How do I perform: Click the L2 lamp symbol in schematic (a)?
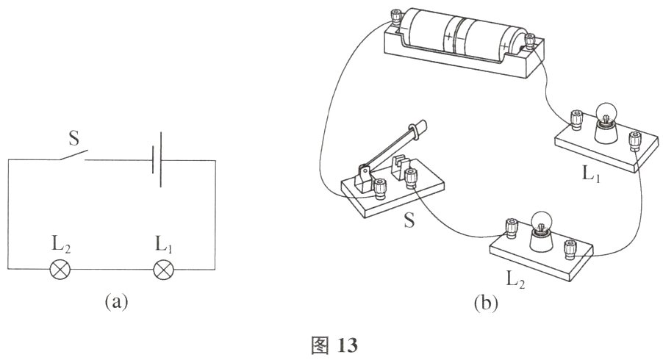[60, 269]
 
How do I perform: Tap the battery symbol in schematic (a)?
[157, 159]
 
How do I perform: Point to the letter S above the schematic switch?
[74, 138]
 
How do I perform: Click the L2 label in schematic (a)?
[61, 245]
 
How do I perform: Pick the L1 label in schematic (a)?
[164, 245]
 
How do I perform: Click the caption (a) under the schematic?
[115, 302]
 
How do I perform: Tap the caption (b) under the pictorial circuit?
[485, 303]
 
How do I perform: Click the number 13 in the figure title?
[348, 345]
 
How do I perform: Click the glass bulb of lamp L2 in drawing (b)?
[541, 221]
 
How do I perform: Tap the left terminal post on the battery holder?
[395, 18]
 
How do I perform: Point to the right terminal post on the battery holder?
[530, 43]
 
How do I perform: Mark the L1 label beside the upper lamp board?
[591, 173]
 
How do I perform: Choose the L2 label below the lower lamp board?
[515, 280]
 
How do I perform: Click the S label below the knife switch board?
[409, 220]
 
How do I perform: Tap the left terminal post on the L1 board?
[576, 119]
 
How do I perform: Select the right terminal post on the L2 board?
[570, 249]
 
